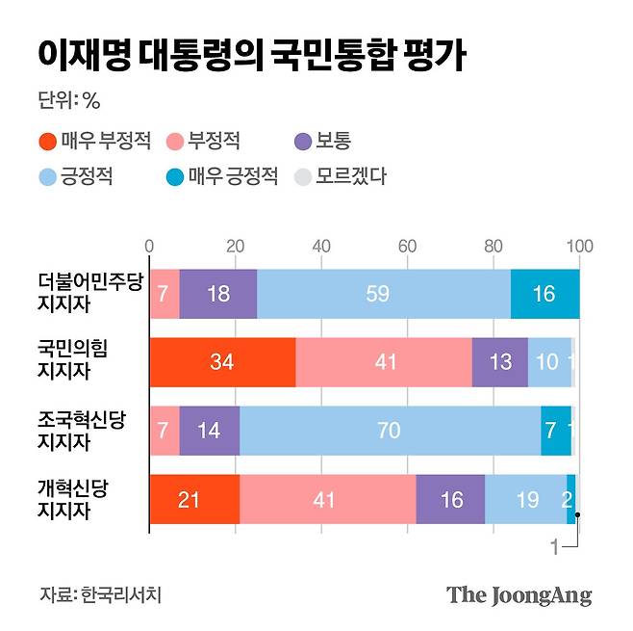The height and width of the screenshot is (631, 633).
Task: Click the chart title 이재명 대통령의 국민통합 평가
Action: [x=252, y=55]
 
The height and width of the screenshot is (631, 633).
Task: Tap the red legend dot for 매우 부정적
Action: [x=47, y=142]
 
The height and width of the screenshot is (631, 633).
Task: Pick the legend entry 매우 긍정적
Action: [x=222, y=176]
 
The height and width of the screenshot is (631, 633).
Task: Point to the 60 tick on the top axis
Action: [x=407, y=246]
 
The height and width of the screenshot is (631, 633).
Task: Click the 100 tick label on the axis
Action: [x=579, y=246]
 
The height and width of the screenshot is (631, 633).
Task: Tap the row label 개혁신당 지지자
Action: [x=74, y=499]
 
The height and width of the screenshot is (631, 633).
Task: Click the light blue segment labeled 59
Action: [x=383, y=294]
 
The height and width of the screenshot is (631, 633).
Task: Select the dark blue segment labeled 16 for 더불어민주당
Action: [x=544, y=294]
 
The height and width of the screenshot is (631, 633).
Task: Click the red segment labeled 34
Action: [x=222, y=362]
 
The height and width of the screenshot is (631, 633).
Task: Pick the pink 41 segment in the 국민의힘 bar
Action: [x=383, y=362]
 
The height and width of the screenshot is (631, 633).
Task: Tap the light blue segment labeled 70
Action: [x=390, y=431]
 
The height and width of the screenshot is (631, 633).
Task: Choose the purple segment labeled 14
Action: [x=209, y=431]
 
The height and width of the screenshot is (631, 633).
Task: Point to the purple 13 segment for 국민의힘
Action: [x=499, y=362]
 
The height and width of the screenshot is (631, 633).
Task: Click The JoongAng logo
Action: [x=519, y=594]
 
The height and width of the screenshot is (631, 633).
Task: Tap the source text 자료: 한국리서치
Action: [x=101, y=594]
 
